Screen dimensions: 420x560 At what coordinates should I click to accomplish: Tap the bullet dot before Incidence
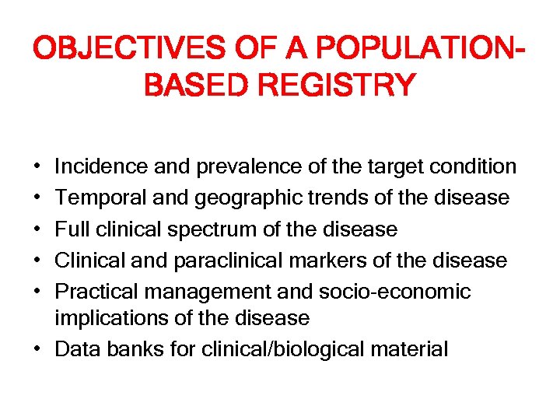[x=38, y=167]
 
